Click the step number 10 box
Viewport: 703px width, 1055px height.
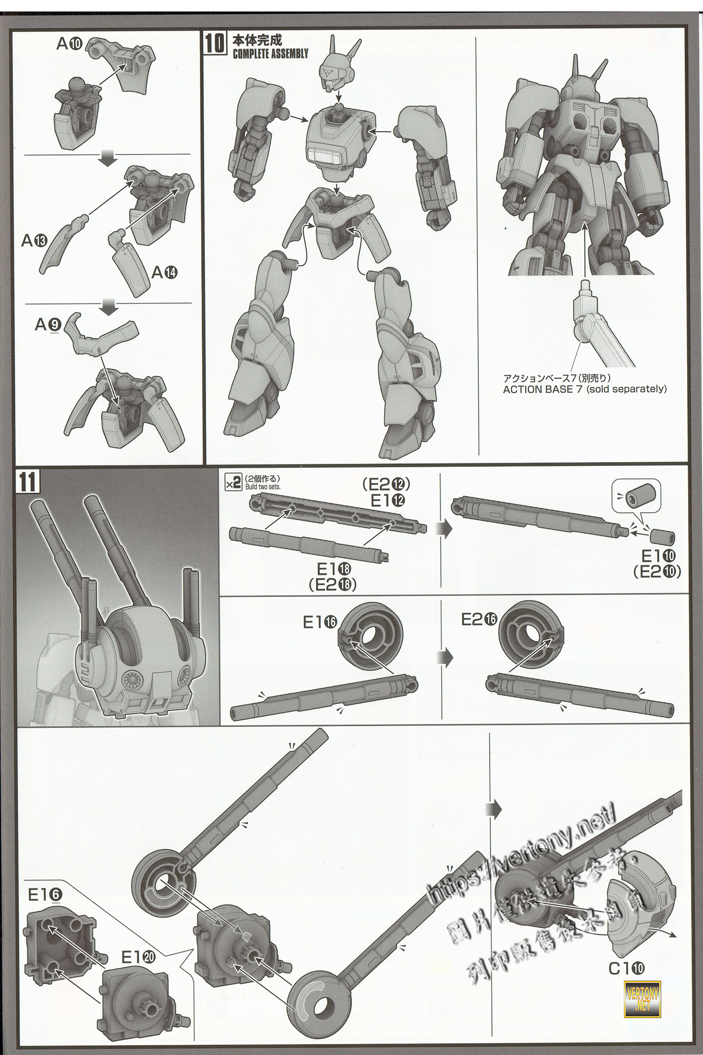(215, 44)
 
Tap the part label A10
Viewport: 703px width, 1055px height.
(69, 44)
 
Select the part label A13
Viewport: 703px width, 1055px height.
(34, 241)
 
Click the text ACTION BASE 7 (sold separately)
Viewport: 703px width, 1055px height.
(585, 389)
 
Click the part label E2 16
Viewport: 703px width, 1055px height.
(479, 619)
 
